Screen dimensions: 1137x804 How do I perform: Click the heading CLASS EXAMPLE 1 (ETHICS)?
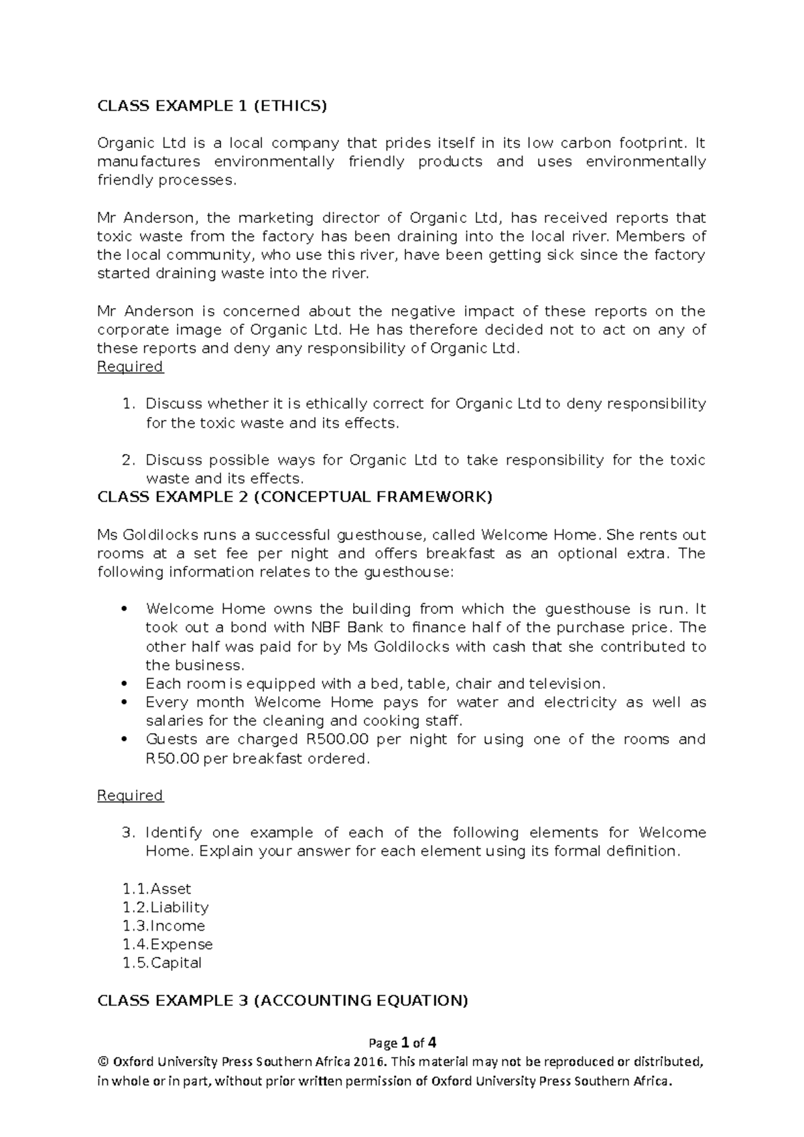click(x=212, y=105)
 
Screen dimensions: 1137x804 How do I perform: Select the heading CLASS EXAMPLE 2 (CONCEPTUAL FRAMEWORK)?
click(x=295, y=497)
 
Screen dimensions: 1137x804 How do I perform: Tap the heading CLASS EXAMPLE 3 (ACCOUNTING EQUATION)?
click(x=283, y=1000)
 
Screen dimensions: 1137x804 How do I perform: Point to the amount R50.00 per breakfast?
click(x=173, y=759)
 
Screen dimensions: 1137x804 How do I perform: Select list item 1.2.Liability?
click(x=165, y=907)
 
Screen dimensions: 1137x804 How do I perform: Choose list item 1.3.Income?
click(x=163, y=926)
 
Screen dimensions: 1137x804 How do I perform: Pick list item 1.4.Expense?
click(x=167, y=945)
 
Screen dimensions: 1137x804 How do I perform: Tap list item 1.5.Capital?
click(x=162, y=964)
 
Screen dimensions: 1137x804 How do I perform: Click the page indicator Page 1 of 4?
click(x=402, y=1043)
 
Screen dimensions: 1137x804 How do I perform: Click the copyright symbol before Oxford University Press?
click(x=103, y=1062)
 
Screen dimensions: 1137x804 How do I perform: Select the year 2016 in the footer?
click(x=372, y=1062)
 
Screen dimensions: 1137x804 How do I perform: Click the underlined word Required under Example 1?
click(x=130, y=367)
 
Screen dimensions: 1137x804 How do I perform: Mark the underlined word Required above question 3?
click(x=130, y=795)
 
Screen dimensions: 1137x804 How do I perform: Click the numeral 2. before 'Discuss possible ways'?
click(x=129, y=461)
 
